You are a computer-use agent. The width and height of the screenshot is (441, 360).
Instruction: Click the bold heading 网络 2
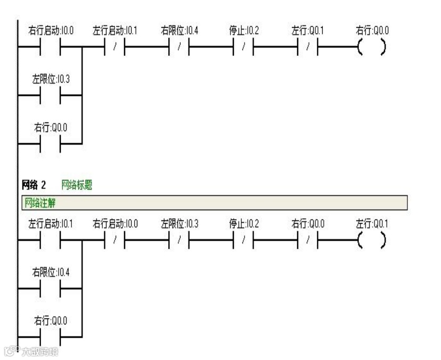pyautogui.click(x=34, y=185)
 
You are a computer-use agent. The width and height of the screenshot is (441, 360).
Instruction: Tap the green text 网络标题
pyautogui.click(x=77, y=185)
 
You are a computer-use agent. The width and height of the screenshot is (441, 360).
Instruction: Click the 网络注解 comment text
pyautogui.click(x=40, y=203)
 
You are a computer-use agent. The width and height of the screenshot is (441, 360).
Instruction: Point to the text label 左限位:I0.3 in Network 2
pyautogui.click(x=179, y=224)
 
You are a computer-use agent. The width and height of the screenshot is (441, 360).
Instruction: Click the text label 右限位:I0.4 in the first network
pyautogui.click(x=179, y=31)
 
